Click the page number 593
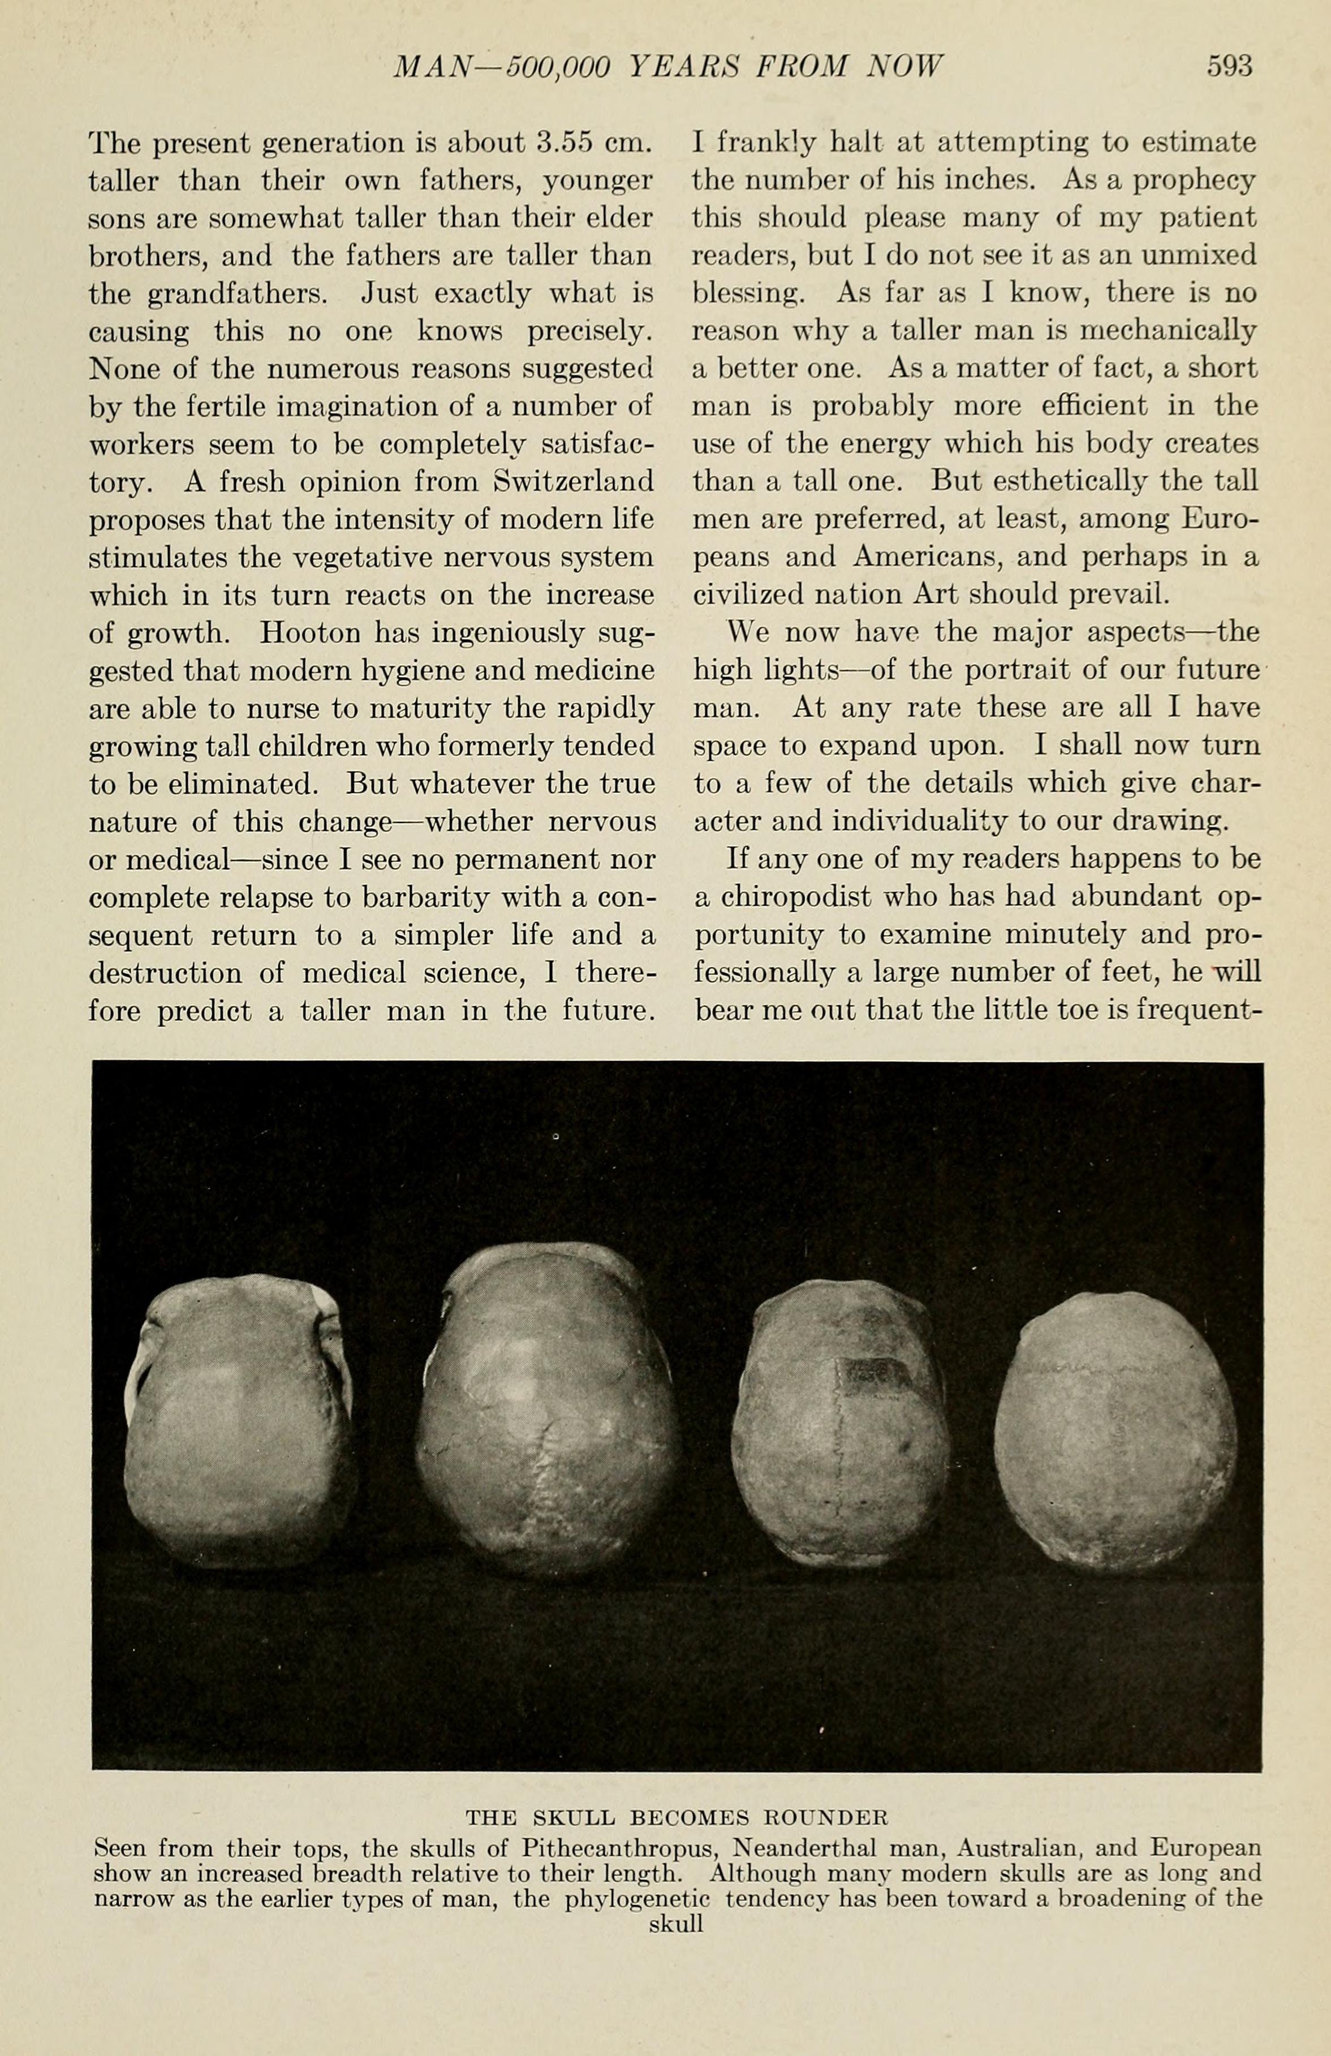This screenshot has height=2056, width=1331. (x=1229, y=67)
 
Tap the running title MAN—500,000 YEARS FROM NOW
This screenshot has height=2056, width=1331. (x=667, y=67)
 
